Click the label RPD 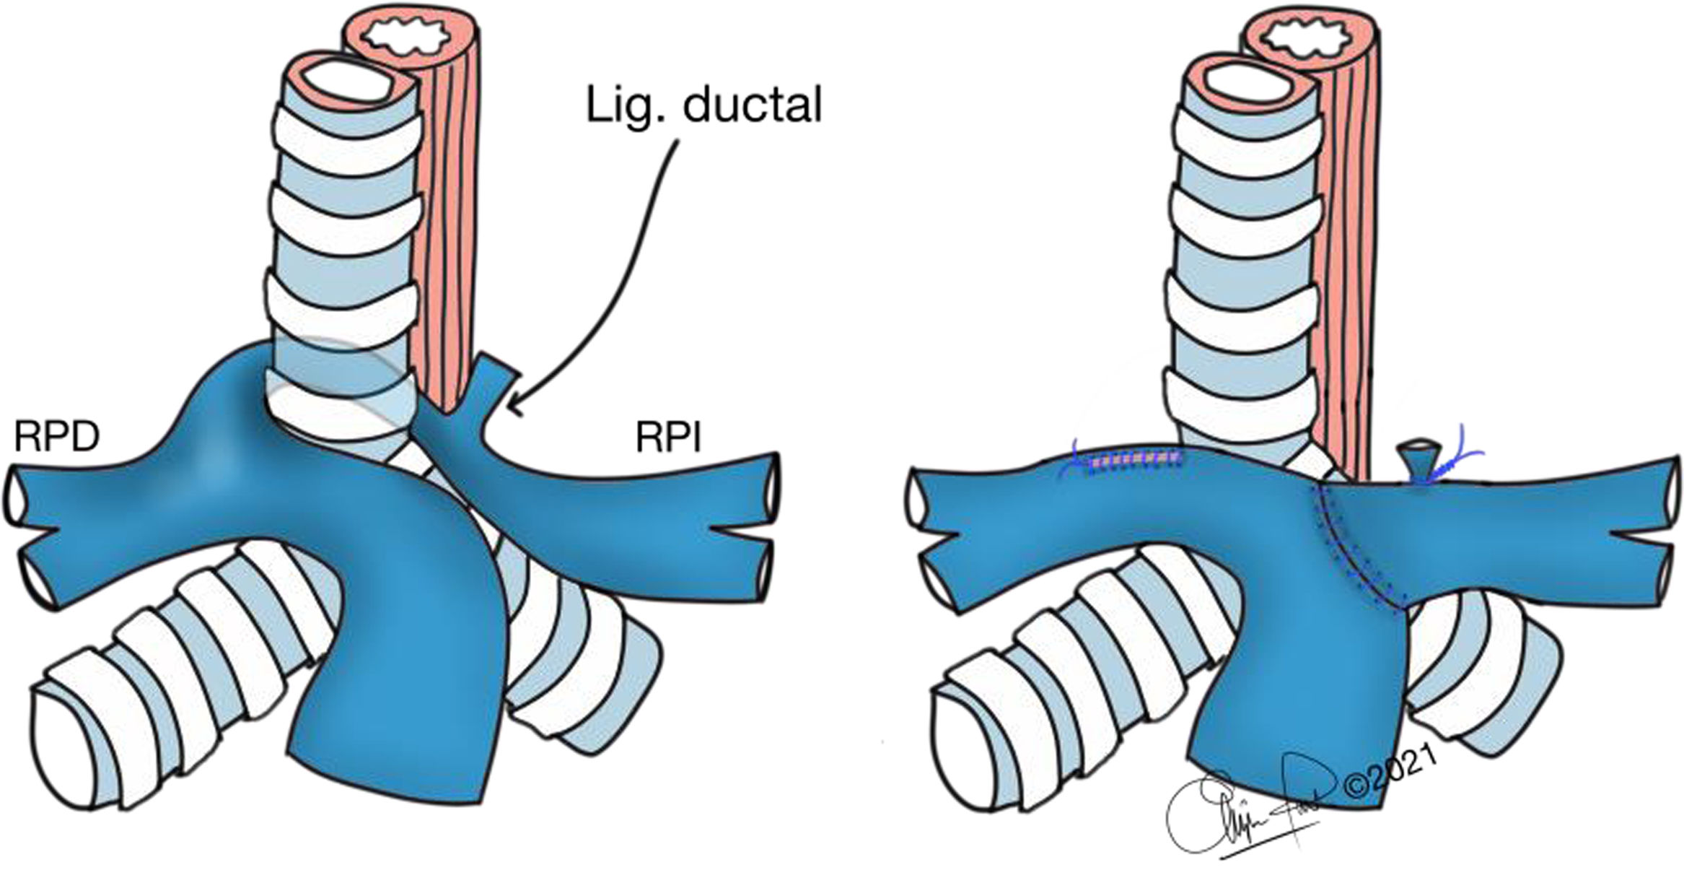56,437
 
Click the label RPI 668,438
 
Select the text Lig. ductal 703,106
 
